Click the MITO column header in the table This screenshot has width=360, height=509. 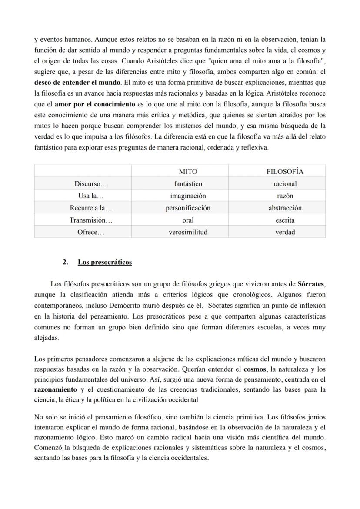click(x=188, y=172)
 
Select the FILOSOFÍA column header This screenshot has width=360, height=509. click(x=285, y=172)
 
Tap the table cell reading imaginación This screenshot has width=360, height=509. click(x=188, y=196)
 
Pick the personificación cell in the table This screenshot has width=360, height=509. click(x=188, y=208)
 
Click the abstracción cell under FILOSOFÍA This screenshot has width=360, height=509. click(x=285, y=208)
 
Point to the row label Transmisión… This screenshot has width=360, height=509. click(x=91, y=220)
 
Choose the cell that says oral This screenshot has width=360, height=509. click(x=188, y=220)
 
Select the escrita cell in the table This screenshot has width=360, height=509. click(x=285, y=220)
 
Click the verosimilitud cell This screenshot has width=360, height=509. click(x=188, y=232)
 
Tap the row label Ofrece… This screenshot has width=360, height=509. click(x=91, y=232)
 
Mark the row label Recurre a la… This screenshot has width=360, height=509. click(x=91, y=208)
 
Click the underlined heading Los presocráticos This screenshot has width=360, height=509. click(x=105, y=262)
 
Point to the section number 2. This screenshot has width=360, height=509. click(x=65, y=262)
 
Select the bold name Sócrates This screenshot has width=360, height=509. click(x=311, y=284)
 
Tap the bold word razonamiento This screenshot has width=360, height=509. click(x=55, y=389)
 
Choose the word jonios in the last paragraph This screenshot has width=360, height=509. click(x=316, y=417)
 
